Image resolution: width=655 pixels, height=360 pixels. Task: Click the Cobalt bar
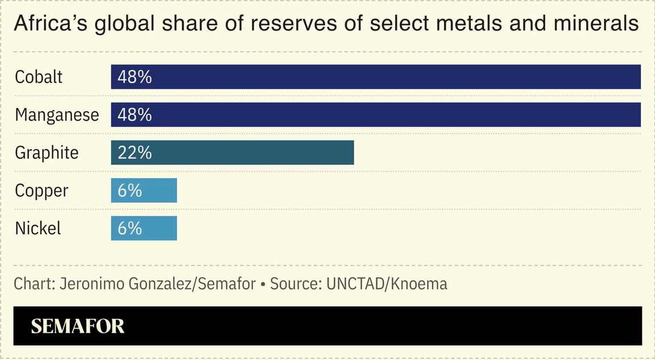pyautogui.click(x=375, y=77)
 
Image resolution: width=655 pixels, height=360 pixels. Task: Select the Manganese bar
pyautogui.click(x=375, y=115)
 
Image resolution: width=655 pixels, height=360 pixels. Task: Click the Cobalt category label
pyautogui.click(x=39, y=77)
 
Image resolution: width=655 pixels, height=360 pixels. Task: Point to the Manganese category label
pyautogui.click(x=57, y=115)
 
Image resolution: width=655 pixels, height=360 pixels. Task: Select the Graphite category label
pyautogui.click(x=47, y=152)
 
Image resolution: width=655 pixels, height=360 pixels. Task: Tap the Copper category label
pyautogui.click(x=42, y=191)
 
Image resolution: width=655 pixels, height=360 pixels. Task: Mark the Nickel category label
pyautogui.click(x=38, y=228)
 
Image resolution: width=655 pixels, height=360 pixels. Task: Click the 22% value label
pyautogui.click(x=135, y=152)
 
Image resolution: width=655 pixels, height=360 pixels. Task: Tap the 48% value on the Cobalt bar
pyautogui.click(x=135, y=77)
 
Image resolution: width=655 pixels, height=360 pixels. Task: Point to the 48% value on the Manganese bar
pyautogui.click(x=135, y=115)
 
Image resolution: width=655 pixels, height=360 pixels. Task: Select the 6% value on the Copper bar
pyautogui.click(x=130, y=191)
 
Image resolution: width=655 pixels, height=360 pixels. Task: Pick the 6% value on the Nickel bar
pyautogui.click(x=130, y=228)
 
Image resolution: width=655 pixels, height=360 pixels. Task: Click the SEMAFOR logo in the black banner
pyautogui.click(x=77, y=326)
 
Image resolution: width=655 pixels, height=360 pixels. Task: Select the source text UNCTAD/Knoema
pyautogui.click(x=387, y=283)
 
